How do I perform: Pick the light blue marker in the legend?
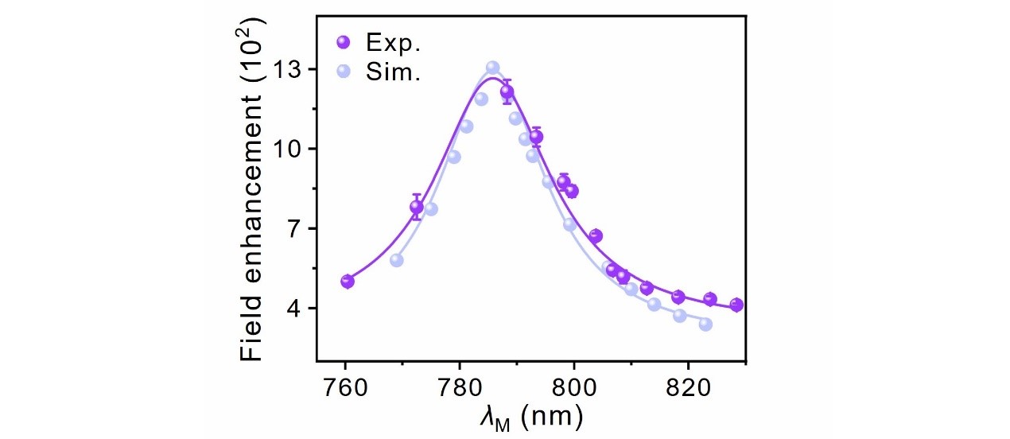pos(343,72)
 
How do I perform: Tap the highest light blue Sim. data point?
pos(492,68)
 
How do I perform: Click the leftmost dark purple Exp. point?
pos(348,282)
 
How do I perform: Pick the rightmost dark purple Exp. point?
pos(736,305)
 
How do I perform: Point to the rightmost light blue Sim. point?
pos(705,324)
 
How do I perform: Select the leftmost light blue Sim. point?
pos(397,260)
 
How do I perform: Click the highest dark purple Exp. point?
pos(507,92)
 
